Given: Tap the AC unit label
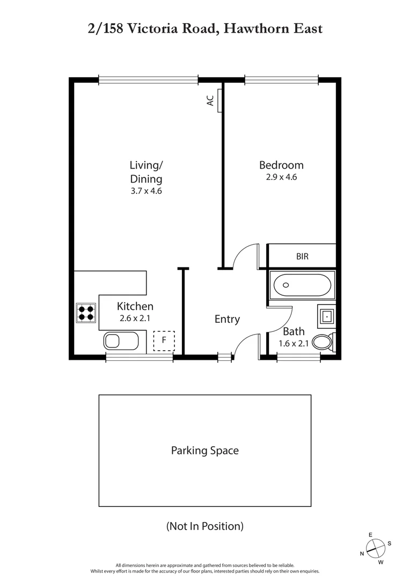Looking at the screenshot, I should coord(211,100).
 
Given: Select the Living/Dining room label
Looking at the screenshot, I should coord(145,172).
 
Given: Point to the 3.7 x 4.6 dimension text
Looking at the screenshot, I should coord(145,190).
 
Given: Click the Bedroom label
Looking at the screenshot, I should coord(281,165).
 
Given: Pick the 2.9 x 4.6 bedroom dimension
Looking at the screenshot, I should coord(281,176).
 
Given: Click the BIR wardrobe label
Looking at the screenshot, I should coord(302,257).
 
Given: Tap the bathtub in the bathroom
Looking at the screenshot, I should coord(302,285).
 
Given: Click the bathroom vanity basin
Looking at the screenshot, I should coord(327,316).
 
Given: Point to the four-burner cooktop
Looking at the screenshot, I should coord(86,312).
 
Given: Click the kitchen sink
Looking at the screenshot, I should coord(121,341).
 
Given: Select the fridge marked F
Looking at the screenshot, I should coord(164,341).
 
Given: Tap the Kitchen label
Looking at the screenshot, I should coord(135,307).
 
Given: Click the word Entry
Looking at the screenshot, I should coord(227,319).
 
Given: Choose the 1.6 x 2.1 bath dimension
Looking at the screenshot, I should coord(294,344).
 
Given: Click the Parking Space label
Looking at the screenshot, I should coord(204,451).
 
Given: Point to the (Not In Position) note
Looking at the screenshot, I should coord(204,526).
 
